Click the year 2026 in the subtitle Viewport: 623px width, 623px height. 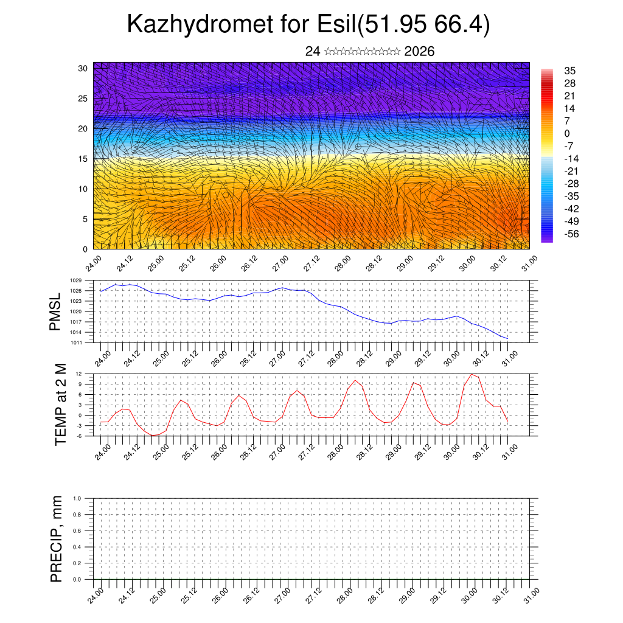(419, 52)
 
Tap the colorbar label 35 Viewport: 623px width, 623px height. (570, 71)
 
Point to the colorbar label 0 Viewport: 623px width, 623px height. (567, 133)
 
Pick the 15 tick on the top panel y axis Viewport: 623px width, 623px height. (84, 159)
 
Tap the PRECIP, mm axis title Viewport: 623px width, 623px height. (57, 538)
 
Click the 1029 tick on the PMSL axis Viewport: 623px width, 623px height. (76, 280)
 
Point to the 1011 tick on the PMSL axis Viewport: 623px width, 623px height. (76, 343)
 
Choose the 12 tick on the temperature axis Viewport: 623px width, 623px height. (79, 374)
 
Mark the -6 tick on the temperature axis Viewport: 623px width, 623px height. (79, 436)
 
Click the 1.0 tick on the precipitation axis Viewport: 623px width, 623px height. (77, 498)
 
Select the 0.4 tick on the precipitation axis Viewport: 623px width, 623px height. (77, 547)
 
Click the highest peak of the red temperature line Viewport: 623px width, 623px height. (472, 374)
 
